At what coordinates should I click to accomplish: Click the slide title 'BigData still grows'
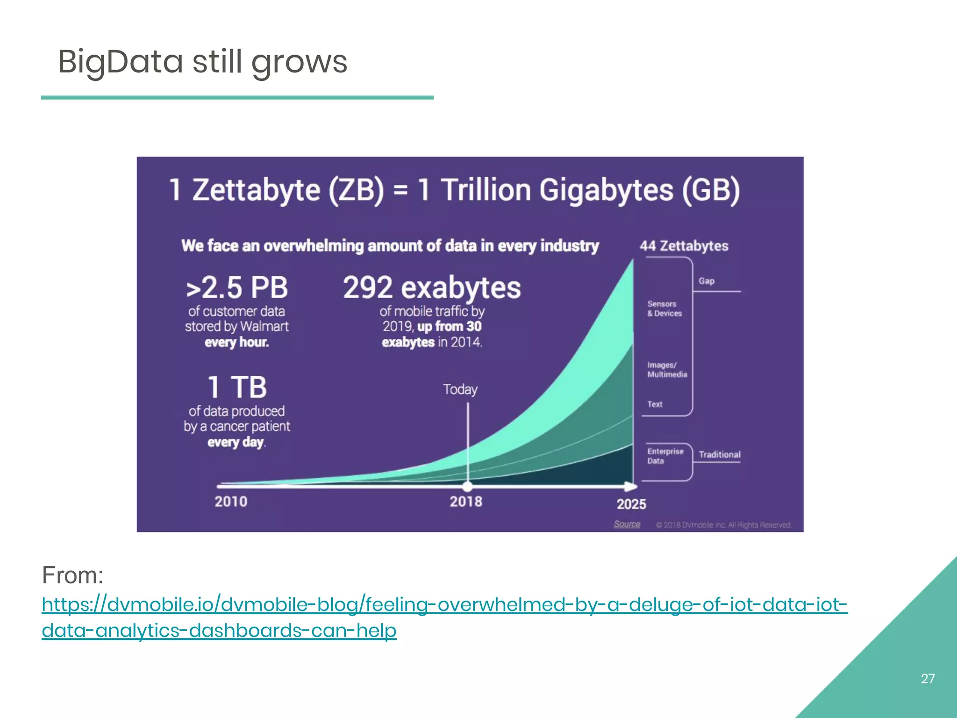click(202, 62)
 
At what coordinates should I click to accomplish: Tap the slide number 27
click(928, 678)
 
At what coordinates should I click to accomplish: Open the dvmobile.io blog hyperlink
click(444, 605)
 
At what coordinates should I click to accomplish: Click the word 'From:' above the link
click(72, 575)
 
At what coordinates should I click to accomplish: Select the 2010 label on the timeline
click(231, 502)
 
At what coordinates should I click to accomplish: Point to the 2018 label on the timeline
click(466, 502)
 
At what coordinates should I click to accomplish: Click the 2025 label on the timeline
click(631, 504)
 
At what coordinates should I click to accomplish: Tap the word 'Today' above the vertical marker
click(460, 389)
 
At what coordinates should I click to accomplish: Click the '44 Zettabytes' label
click(684, 246)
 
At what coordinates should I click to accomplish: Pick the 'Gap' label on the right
click(707, 281)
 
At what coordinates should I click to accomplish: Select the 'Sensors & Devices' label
click(664, 309)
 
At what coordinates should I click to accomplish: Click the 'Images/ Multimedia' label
click(667, 370)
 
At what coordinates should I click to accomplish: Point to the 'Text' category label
click(655, 404)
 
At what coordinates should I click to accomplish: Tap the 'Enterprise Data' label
click(665, 456)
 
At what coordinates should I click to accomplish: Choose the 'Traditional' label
click(720, 454)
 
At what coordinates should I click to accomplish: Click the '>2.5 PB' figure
click(236, 287)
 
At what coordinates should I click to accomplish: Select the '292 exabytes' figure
click(432, 287)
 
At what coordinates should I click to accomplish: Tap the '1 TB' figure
click(237, 388)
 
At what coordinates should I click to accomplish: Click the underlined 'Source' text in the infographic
click(627, 524)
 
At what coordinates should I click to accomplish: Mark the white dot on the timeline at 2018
click(467, 486)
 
